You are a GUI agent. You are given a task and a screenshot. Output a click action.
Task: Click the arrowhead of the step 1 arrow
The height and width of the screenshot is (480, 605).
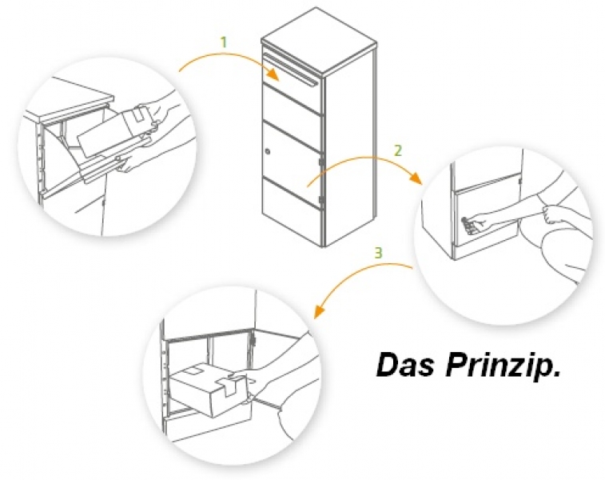[274, 75]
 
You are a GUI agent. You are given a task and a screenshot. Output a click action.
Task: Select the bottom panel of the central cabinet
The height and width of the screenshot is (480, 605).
[291, 216]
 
